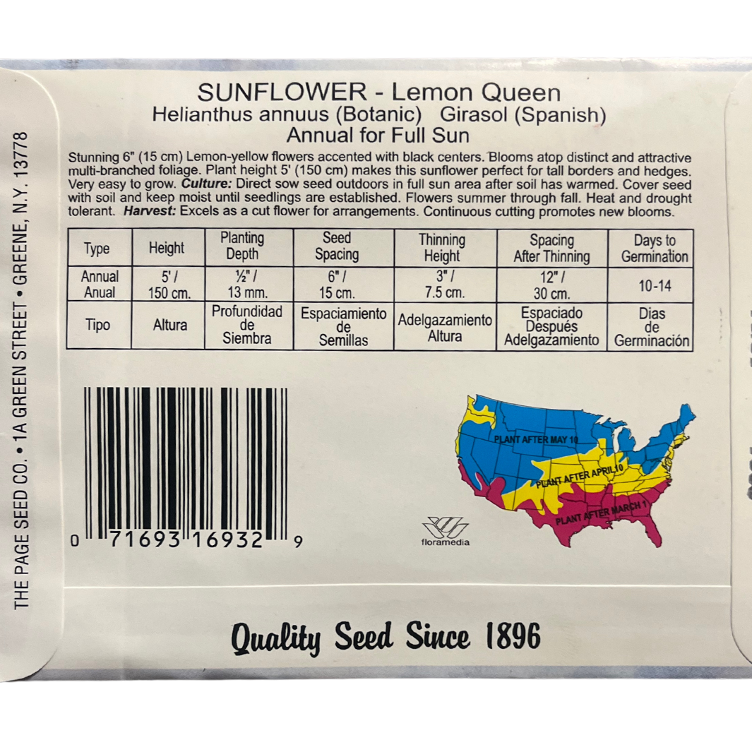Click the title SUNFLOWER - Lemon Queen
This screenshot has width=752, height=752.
(x=378, y=92)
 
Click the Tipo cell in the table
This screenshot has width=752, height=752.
(x=97, y=326)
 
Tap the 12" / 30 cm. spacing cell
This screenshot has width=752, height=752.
(x=551, y=285)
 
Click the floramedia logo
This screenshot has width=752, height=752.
(x=445, y=532)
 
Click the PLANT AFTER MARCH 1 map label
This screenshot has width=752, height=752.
(x=601, y=513)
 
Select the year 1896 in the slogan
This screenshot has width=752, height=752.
(x=513, y=638)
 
